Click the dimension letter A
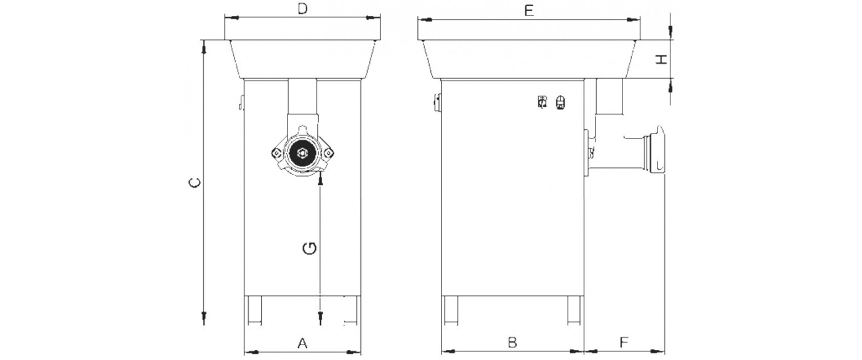coord(302,343)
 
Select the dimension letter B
coord(512,342)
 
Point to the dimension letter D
coord(303,9)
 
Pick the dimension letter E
coord(529,10)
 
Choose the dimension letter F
coord(624,342)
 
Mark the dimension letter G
coord(310,248)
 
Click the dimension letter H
coord(661,59)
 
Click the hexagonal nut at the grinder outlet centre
coord(302,153)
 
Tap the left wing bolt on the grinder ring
coord(276,153)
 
